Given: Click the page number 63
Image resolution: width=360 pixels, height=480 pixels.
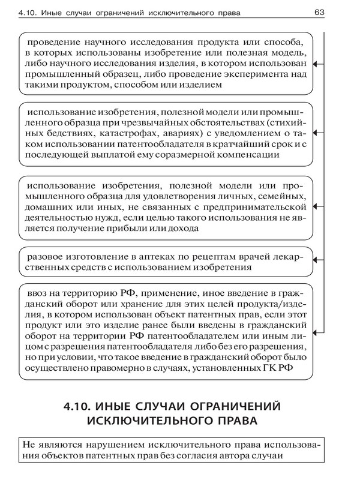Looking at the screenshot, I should point(319,12).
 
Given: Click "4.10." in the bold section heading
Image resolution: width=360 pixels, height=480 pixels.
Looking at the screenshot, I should point(79,406).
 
